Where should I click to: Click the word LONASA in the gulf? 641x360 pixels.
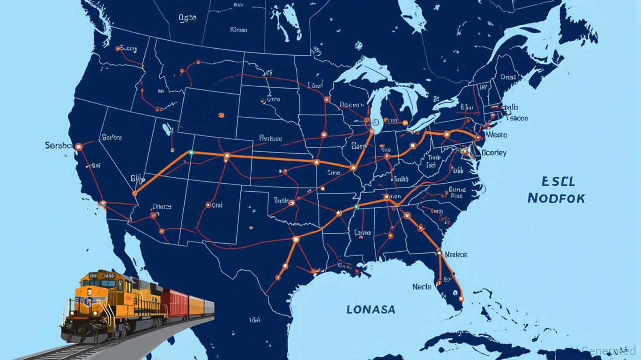(371, 309)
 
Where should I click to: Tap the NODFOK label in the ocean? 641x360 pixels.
(556, 198)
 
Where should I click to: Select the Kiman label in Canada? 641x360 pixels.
(239, 29)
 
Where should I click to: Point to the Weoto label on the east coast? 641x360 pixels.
(497, 135)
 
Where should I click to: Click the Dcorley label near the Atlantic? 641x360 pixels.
(494, 153)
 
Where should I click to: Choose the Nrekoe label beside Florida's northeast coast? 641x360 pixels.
(456, 255)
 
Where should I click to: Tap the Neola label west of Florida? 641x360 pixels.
(422, 286)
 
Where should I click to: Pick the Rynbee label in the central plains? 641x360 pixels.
(270, 138)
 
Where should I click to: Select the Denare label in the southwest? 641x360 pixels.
(162, 206)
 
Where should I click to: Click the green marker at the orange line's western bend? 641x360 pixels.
(191, 152)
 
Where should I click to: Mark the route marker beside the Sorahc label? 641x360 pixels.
(79, 147)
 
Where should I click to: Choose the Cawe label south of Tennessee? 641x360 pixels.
(362, 232)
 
